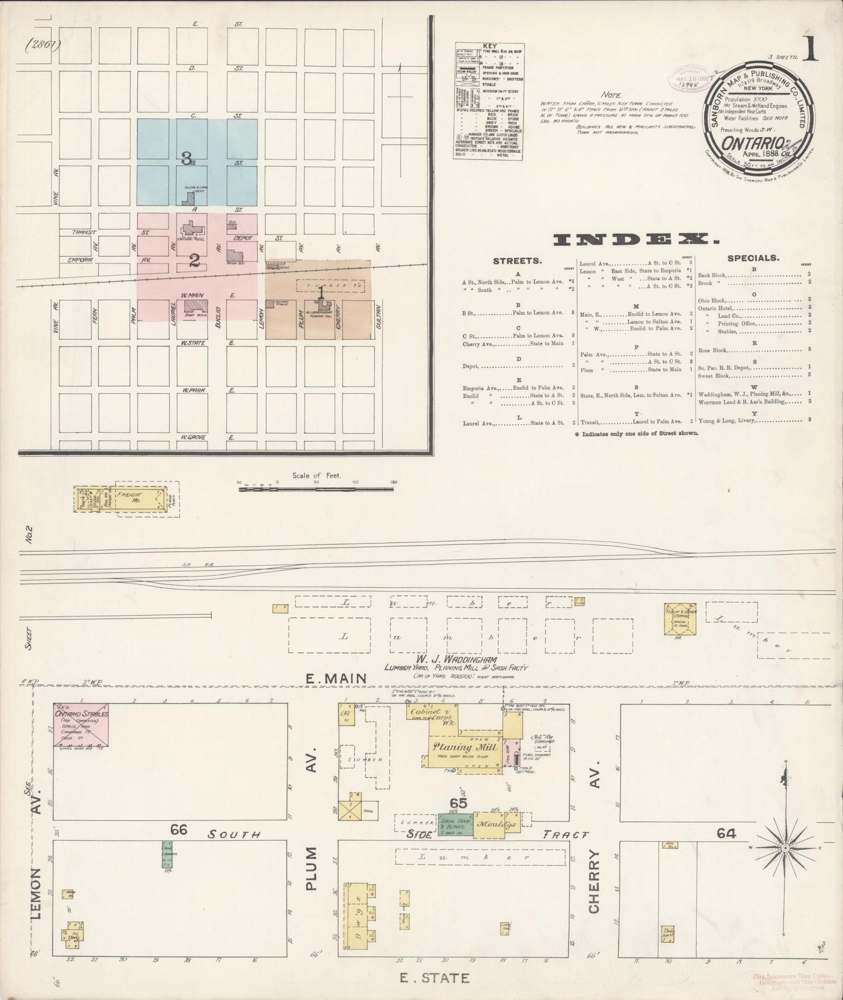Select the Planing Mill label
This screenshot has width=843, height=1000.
click(x=464, y=747)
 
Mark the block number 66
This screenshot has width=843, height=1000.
click(x=179, y=829)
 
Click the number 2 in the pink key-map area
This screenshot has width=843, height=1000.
click(x=194, y=261)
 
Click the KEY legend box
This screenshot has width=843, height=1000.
click(x=489, y=102)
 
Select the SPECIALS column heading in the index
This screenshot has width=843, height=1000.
click(x=753, y=257)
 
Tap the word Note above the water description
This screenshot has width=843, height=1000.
click(x=612, y=95)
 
